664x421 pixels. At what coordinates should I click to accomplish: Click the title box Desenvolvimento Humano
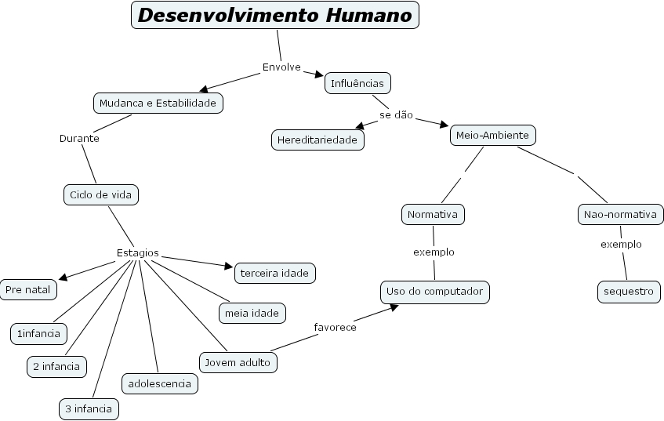point(274,15)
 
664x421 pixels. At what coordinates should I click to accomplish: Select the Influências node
point(357,82)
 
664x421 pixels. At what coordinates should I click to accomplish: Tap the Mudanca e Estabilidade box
point(158,103)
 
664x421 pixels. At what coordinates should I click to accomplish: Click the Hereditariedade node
point(317,140)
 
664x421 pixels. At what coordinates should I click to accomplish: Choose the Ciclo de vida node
point(100,194)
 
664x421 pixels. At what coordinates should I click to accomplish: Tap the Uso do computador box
point(435,292)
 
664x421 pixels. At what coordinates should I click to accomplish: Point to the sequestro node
point(628,292)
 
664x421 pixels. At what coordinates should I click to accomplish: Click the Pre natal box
point(27,289)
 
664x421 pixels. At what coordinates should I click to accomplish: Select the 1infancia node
point(38,333)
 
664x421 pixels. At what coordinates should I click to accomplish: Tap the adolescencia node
point(159,383)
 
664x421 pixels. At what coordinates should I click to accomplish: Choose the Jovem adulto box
point(238,362)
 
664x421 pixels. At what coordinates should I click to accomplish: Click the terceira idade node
point(275,272)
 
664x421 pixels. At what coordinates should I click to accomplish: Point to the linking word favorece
point(335,327)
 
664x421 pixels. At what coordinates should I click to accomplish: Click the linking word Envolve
point(281,67)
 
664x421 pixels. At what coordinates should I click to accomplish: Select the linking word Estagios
point(137,252)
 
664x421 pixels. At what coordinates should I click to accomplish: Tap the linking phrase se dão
point(396,114)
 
